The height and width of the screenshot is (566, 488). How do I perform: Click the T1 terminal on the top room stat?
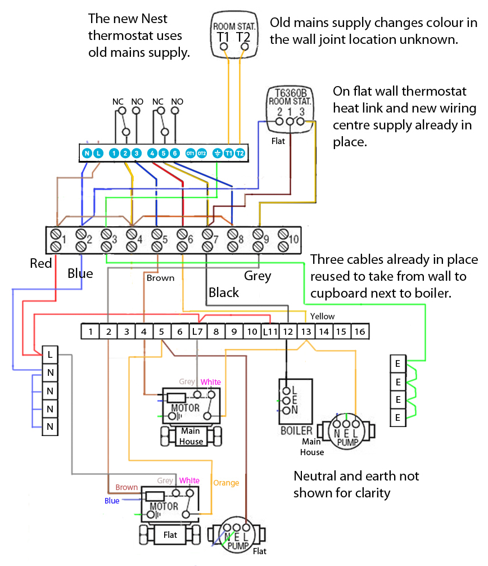(223, 37)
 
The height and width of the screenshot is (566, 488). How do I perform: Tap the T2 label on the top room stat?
(243, 37)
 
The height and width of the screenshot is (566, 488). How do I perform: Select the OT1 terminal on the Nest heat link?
(190, 153)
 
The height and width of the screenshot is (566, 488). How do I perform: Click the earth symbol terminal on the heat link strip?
(218, 153)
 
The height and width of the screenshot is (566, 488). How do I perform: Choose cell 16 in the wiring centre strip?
(359, 332)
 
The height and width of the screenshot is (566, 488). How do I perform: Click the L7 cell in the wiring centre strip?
(197, 332)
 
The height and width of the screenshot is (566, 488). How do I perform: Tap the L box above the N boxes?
(50, 355)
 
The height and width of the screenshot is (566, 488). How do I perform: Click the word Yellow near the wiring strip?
(322, 316)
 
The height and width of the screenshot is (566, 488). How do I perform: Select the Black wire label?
(224, 293)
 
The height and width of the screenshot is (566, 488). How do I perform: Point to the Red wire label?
(41, 263)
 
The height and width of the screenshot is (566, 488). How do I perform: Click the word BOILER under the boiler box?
(296, 431)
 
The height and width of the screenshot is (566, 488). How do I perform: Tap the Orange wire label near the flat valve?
(226, 483)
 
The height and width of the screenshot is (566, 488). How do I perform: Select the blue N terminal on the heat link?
(87, 153)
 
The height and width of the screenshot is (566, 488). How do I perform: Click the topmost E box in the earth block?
(398, 363)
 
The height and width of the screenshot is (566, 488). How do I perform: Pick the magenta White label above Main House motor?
(211, 382)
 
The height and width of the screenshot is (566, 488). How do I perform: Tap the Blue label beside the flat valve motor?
(112, 501)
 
